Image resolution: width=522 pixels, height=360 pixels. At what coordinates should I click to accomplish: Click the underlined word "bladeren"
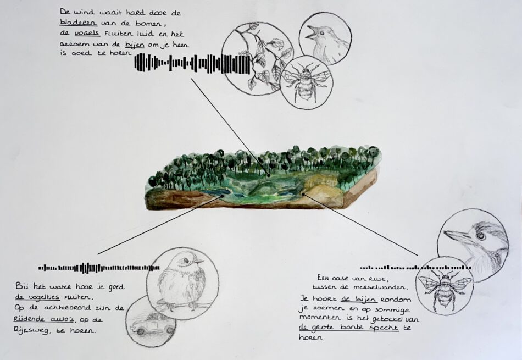(79, 23)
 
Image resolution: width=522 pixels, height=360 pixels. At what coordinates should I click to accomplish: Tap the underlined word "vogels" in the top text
(87, 34)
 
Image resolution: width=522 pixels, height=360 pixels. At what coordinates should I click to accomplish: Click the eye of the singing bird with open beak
(322, 33)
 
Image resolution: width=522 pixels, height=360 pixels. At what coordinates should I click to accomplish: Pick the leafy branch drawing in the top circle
(263, 57)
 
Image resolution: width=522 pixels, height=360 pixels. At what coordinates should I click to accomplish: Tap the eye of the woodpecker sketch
(481, 235)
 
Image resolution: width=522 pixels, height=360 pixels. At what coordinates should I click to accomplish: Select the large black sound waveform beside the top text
(192, 63)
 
